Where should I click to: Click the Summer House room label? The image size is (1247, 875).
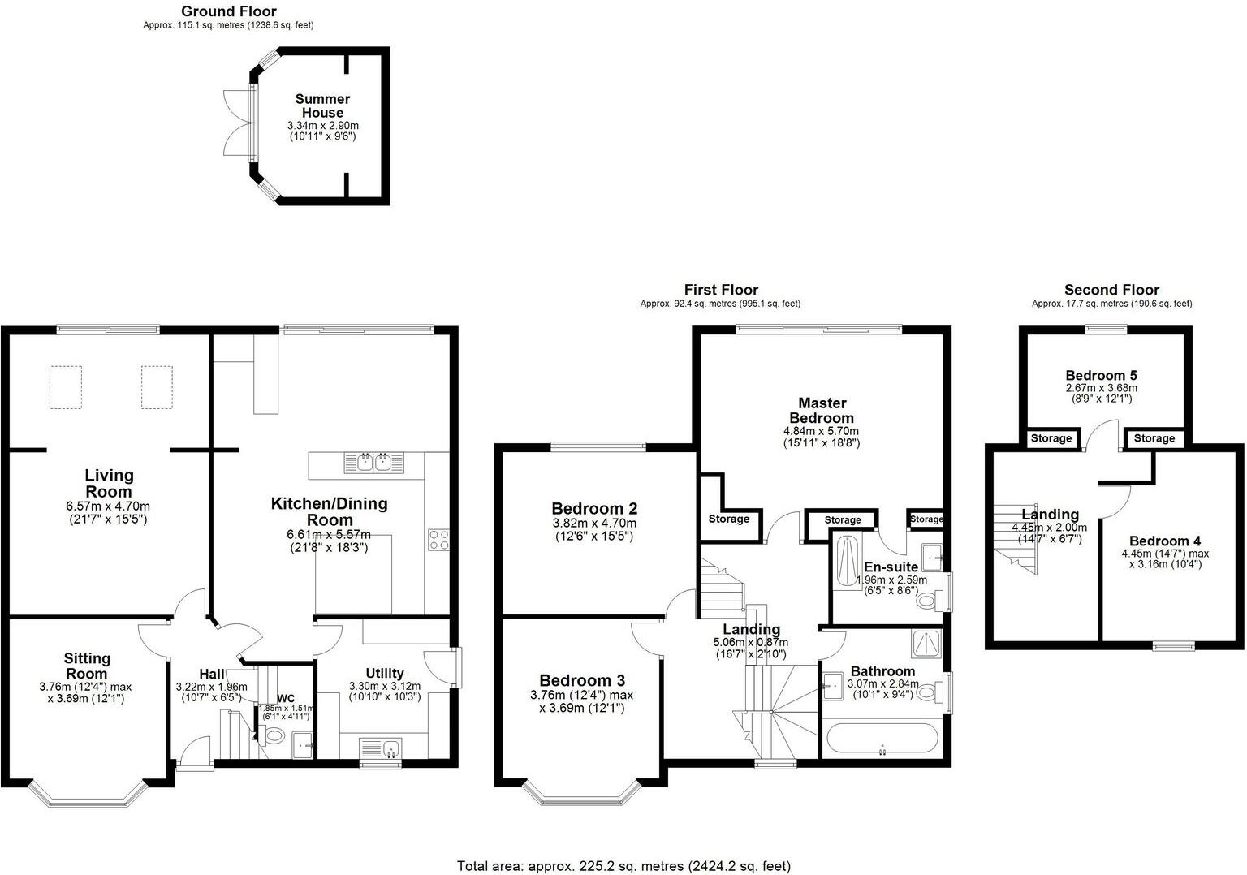tap(322, 106)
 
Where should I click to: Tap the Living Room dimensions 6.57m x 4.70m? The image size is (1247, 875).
tap(109, 506)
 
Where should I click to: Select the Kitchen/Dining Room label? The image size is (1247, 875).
tap(329, 511)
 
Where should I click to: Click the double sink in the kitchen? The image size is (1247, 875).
tap(373, 463)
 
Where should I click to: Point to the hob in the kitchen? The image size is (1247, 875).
tap(438, 539)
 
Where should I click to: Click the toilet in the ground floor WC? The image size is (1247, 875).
tap(274, 736)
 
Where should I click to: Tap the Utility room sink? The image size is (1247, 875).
tap(380, 747)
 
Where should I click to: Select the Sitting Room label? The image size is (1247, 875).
tap(87, 666)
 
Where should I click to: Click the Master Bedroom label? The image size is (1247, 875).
tap(822, 410)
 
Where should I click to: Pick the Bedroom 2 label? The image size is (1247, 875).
tap(594, 509)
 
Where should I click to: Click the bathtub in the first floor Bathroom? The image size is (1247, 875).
tap(881, 739)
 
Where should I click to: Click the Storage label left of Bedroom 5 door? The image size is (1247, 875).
tap(1051, 438)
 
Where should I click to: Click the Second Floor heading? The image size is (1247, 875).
tap(1111, 290)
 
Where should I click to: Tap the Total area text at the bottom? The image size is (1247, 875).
tap(623, 866)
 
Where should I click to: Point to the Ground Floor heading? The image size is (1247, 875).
tap(228, 11)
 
